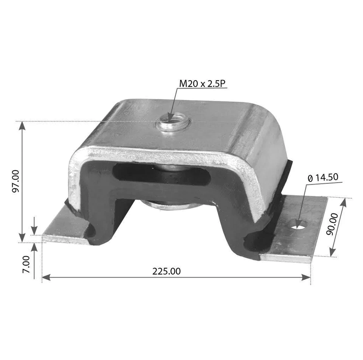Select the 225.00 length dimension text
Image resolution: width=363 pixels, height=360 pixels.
(x=166, y=271)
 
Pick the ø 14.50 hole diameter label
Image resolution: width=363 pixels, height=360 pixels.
(x=323, y=177)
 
